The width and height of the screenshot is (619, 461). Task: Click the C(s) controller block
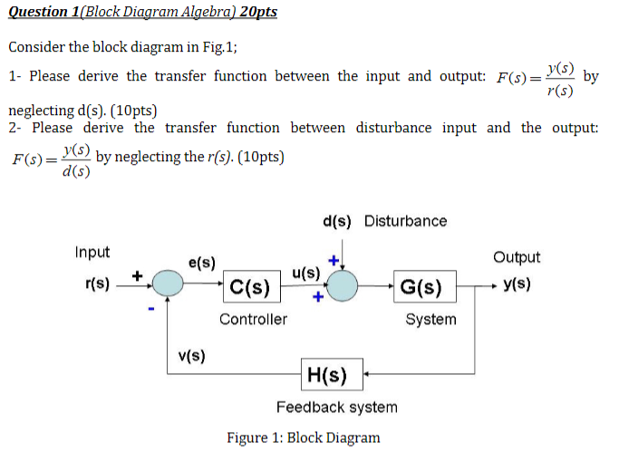(250, 288)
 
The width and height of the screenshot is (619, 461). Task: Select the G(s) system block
(421, 288)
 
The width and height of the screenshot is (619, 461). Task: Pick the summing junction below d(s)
(343, 285)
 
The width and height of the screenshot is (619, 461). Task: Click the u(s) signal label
(306, 272)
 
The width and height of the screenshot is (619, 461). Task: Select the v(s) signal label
(190, 355)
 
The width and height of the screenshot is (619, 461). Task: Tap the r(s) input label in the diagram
(97, 284)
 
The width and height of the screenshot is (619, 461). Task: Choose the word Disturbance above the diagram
(405, 221)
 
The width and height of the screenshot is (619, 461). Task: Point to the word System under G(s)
(430, 319)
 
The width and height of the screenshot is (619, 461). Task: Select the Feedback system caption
(336, 407)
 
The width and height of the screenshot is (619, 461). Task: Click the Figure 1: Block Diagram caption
(303, 438)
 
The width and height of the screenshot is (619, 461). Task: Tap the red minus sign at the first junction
(152, 311)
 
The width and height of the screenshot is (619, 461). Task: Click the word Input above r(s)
(92, 253)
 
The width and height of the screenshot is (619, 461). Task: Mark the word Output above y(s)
(517, 257)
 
